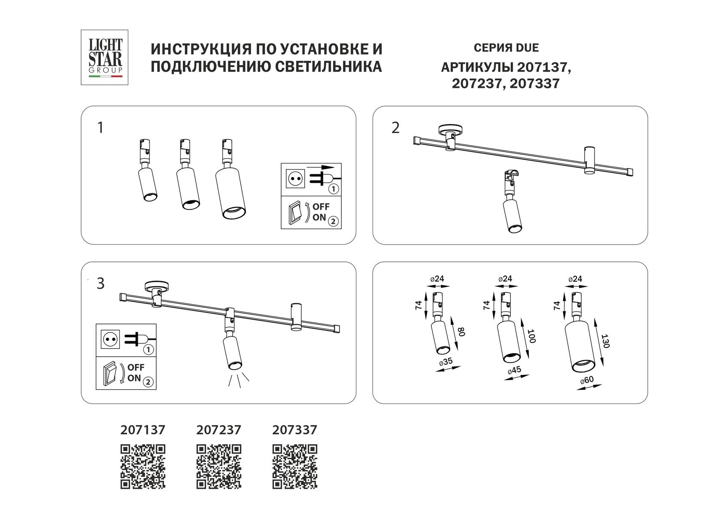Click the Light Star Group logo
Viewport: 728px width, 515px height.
click(105, 57)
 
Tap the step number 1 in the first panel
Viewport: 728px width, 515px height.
click(100, 128)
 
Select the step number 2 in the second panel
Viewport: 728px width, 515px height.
click(395, 128)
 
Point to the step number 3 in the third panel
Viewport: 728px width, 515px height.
click(100, 284)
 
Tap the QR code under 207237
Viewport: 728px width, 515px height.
click(219, 467)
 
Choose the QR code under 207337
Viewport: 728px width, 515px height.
click(295, 467)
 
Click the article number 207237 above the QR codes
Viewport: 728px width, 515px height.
click(219, 430)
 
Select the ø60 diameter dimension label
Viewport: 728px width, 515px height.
click(586, 380)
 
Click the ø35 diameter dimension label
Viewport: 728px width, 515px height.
click(446, 361)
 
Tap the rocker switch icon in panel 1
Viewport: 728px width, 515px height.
click(295, 213)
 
